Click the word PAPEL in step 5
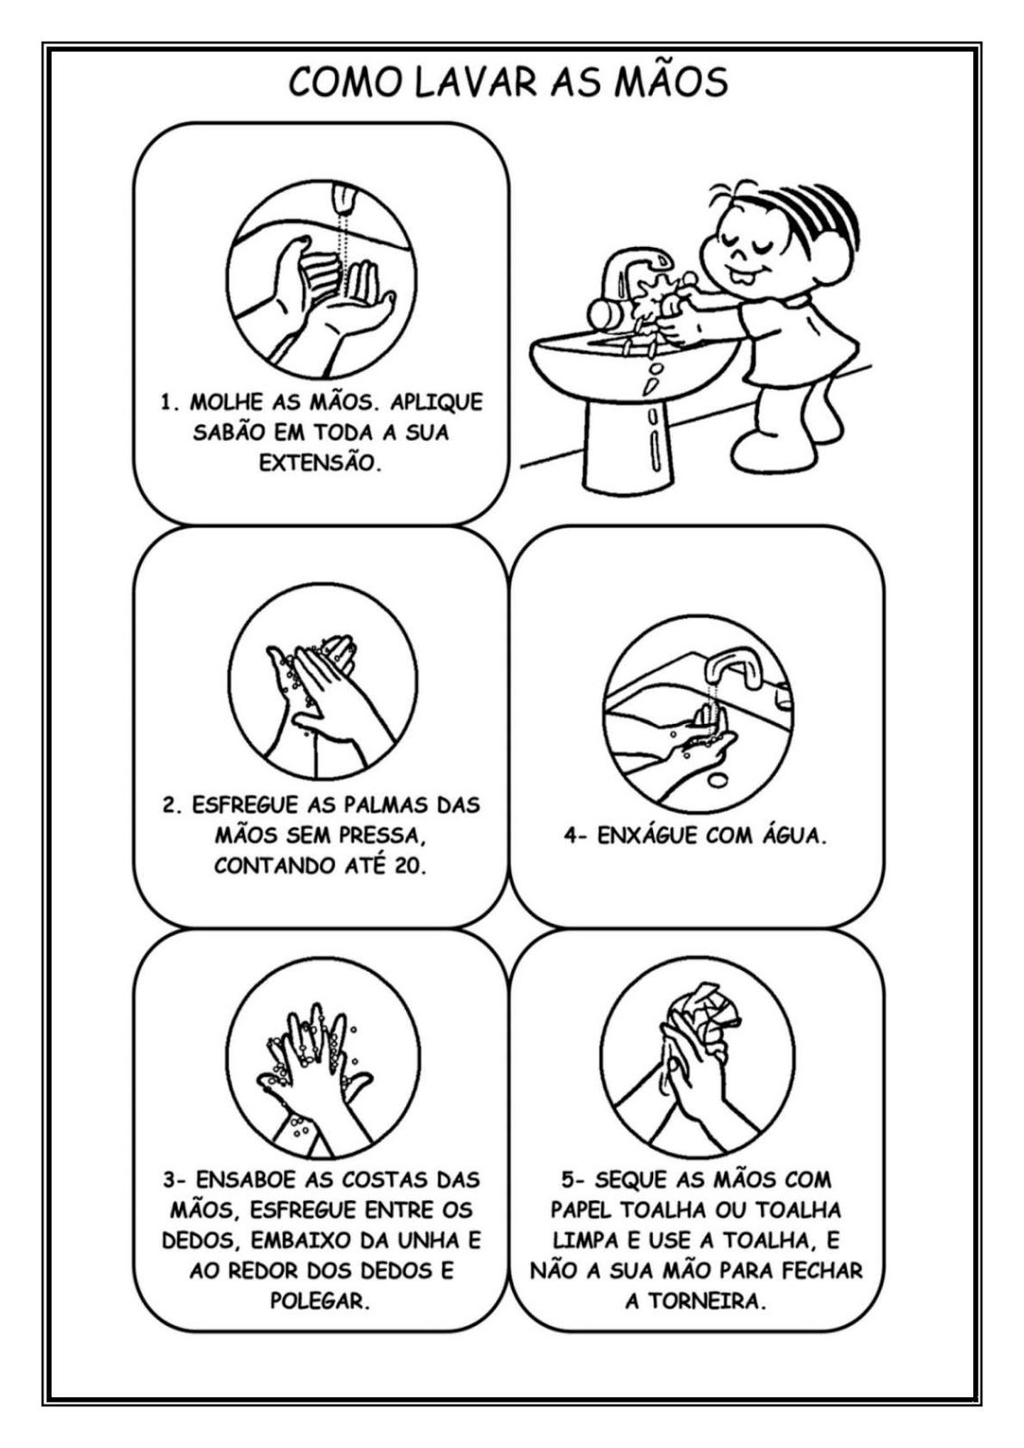pyautogui.click(x=583, y=1209)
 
